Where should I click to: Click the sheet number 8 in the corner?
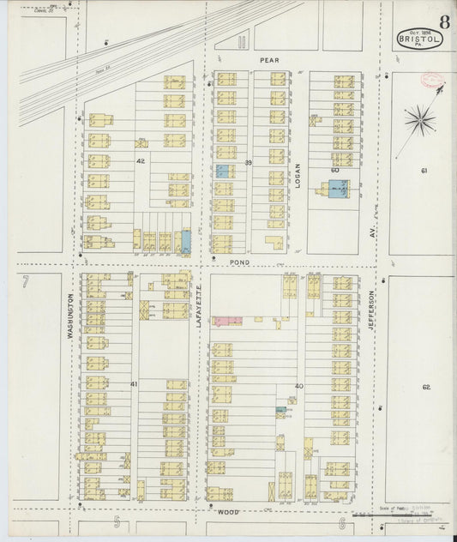click(x=443, y=21)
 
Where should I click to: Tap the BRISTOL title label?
click(x=420, y=39)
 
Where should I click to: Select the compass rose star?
click(x=418, y=118)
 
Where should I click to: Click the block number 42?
click(x=139, y=160)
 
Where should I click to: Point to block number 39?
click(x=248, y=162)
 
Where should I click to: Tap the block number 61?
click(x=424, y=172)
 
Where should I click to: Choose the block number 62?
click(x=425, y=387)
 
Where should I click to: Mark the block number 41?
click(x=134, y=384)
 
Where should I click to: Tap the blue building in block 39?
click(x=222, y=172)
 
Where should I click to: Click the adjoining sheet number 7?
click(x=26, y=281)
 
